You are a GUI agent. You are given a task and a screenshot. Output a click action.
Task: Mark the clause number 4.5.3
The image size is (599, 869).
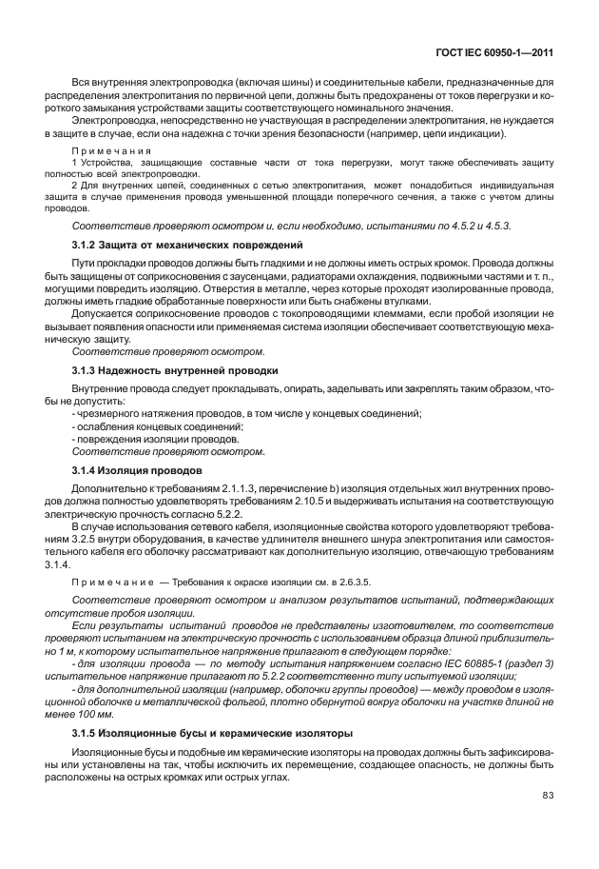(x=497, y=225)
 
